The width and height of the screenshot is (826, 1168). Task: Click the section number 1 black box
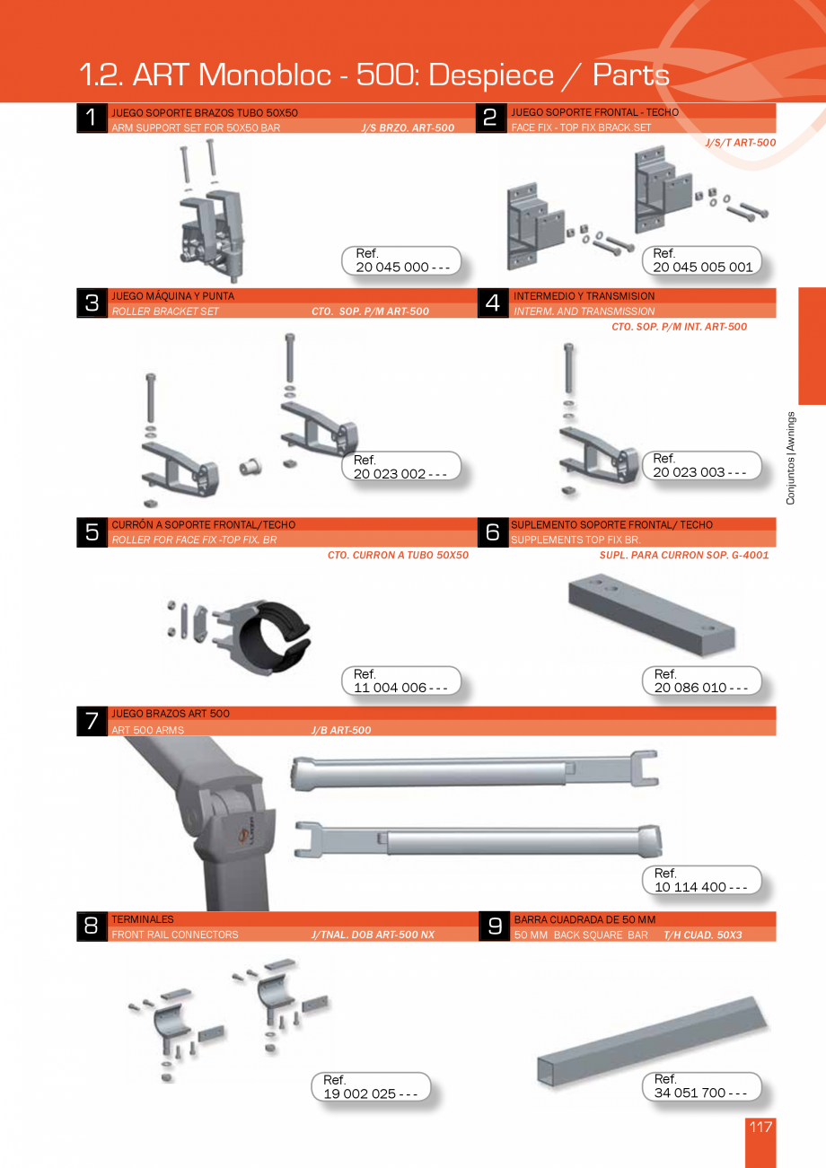[92, 119]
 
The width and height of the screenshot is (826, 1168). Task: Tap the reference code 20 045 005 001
[702, 268]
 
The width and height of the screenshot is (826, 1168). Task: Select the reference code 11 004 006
[401, 688]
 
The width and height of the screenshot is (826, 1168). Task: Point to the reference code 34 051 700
[700, 1093]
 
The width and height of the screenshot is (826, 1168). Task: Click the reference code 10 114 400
[701, 887]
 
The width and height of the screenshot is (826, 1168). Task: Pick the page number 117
[760, 1128]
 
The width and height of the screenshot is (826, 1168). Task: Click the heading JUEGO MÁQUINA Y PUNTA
[172, 295]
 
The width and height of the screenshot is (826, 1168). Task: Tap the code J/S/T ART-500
[740, 143]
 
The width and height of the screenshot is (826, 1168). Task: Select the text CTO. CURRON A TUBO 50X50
[398, 555]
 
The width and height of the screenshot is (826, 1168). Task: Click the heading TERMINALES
[143, 919]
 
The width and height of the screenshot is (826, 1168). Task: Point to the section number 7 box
[92, 721]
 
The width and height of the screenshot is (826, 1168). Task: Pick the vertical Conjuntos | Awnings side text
[791, 458]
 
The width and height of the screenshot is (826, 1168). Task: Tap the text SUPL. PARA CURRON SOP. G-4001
[684, 555]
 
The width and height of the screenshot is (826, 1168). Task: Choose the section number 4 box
[492, 303]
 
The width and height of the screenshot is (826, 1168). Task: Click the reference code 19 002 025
[370, 1093]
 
